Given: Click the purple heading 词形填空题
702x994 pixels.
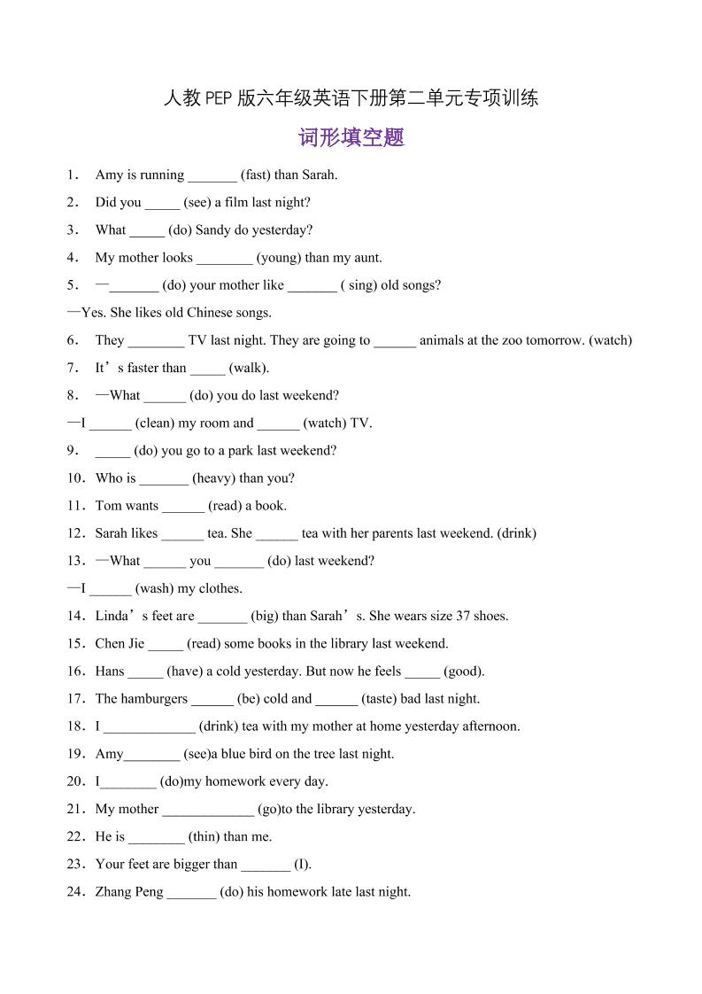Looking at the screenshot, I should point(351,137).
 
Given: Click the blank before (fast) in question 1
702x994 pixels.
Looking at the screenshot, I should point(212,175).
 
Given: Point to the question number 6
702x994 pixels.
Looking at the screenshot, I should point(72,340).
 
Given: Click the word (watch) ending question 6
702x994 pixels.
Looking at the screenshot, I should point(611,340).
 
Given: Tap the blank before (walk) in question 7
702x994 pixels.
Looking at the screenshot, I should point(207,369).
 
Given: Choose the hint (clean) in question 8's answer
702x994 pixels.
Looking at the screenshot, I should point(156,423).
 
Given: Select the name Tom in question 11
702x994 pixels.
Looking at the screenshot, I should point(108,506).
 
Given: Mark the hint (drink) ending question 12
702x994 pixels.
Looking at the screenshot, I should point(517,533).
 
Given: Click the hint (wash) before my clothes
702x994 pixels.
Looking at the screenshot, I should point(155,588).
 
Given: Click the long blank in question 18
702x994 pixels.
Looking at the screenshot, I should point(149,727).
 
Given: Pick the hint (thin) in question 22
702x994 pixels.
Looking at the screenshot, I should point(204,836).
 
